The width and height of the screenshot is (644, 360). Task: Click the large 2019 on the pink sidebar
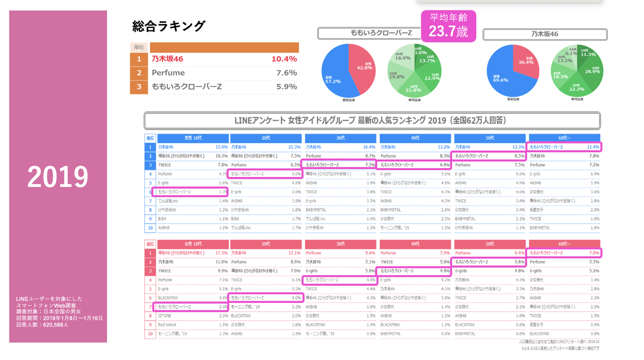point(58,177)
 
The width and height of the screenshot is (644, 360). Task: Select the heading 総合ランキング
point(169,26)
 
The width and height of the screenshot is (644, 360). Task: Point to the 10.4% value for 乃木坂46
point(284,59)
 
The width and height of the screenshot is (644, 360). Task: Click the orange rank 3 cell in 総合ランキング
point(139,87)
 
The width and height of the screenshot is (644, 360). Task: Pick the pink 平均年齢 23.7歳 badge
point(448,26)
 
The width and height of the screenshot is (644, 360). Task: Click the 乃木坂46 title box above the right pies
point(545,34)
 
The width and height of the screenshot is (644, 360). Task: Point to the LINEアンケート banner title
point(372,121)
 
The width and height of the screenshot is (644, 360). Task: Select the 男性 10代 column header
point(193,138)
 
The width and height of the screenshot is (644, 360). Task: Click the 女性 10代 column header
point(193,244)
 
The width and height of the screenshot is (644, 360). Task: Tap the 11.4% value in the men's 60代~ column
point(593,147)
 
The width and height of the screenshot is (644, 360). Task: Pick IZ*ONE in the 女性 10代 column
point(165,316)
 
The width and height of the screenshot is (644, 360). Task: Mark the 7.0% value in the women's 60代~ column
point(594,253)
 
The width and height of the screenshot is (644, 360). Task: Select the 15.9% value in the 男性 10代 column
point(221,147)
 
